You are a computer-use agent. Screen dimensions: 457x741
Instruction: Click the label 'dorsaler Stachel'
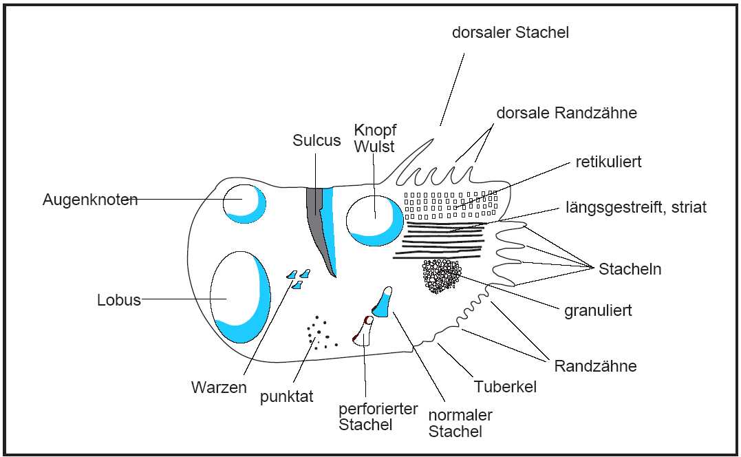[x=511, y=32]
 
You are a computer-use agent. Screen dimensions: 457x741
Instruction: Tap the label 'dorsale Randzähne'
[x=566, y=114]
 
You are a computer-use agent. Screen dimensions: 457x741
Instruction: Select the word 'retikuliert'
[x=608, y=162]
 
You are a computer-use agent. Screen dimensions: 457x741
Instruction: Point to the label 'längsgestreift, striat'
[x=636, y=206]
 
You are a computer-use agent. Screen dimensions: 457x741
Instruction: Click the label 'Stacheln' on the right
[x=630, y=269]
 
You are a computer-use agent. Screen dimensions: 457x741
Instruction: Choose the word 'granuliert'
[x=598, y=310]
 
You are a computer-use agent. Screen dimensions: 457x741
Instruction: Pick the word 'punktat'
[x=287, y=397]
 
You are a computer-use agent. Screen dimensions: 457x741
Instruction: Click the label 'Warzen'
[x=219, y=387]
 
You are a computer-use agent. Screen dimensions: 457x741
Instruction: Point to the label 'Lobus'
[x=119, y=300]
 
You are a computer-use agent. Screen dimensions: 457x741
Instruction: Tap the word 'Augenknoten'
[x=90, y=200]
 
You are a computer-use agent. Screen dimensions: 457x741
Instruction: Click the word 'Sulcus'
[x=316, y=140]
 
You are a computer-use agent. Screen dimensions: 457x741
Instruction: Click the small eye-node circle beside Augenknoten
[x=244, y=203]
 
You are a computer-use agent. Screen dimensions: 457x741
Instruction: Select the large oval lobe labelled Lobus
[x=238, y=297]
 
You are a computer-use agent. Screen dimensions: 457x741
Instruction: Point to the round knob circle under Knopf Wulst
[x=374, y=220]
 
